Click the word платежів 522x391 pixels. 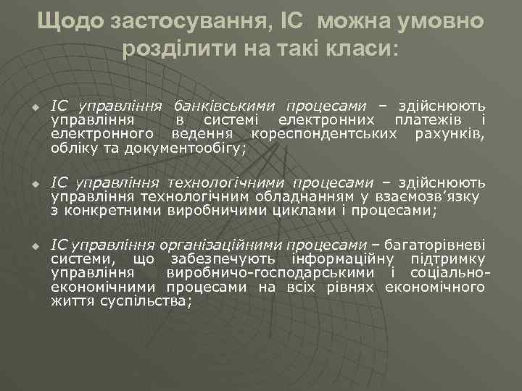[x=428, y=119]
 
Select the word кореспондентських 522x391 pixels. [x=323, y=133]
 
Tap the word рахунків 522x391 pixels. [x=449, y=133]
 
